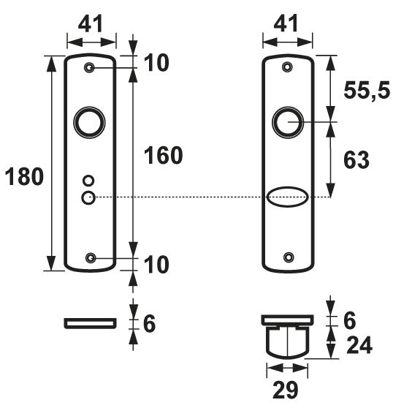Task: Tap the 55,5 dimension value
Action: click(367, 91)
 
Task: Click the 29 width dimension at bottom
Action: click(286, 390)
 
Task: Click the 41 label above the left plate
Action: click(91, 25)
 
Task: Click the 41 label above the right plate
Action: click(288, 25)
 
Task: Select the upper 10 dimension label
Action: click(154, 64)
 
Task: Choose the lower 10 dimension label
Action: click(154, 264)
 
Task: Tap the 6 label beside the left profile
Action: click(149, 322)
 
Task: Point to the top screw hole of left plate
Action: click(91, 68)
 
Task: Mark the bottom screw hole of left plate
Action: click(91, 257)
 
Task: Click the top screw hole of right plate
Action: click(288, 67)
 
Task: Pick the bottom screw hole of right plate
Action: click(288, 257)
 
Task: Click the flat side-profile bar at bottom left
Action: click(90, 322)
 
